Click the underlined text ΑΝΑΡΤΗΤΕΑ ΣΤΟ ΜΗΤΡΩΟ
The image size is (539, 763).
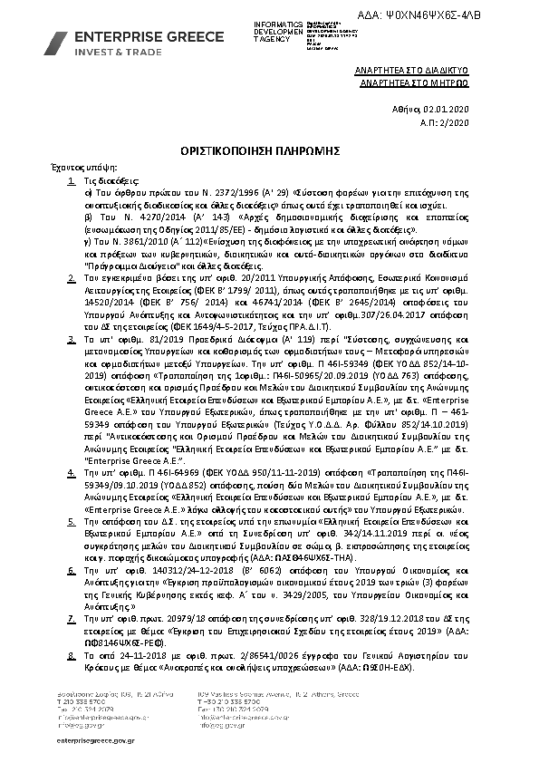point(420,80)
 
